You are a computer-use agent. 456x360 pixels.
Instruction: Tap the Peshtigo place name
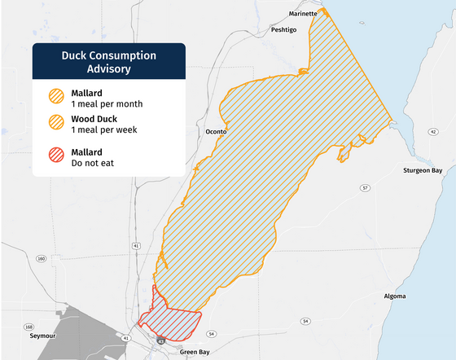[287, 29]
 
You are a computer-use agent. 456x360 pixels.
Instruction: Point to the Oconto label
[216, 131]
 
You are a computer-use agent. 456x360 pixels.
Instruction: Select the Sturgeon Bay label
[422, 170]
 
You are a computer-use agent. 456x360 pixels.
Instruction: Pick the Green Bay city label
[195, 352]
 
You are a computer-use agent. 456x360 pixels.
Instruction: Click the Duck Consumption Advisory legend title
[109, 62]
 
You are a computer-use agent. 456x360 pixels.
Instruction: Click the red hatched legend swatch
[58, 157]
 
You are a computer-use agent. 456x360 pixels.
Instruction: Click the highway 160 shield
[41, 259]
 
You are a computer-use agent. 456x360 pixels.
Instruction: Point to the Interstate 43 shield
[162, 341]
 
